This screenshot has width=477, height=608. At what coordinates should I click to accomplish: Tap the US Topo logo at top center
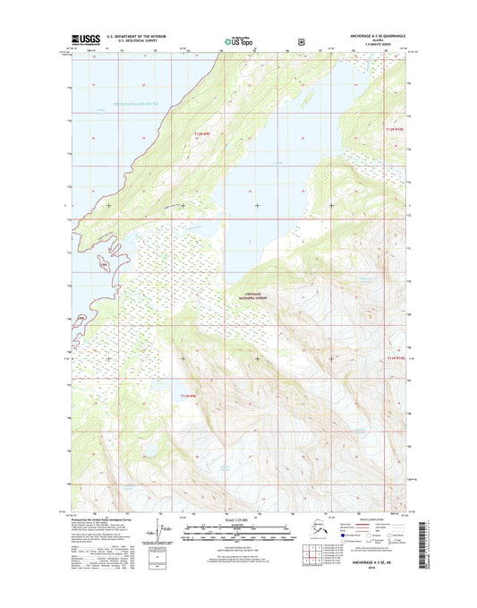pos(237,40)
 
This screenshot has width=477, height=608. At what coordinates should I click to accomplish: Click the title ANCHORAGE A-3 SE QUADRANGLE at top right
pos(369,36)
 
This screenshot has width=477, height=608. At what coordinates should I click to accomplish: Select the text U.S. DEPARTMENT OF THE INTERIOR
pos(137,37)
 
